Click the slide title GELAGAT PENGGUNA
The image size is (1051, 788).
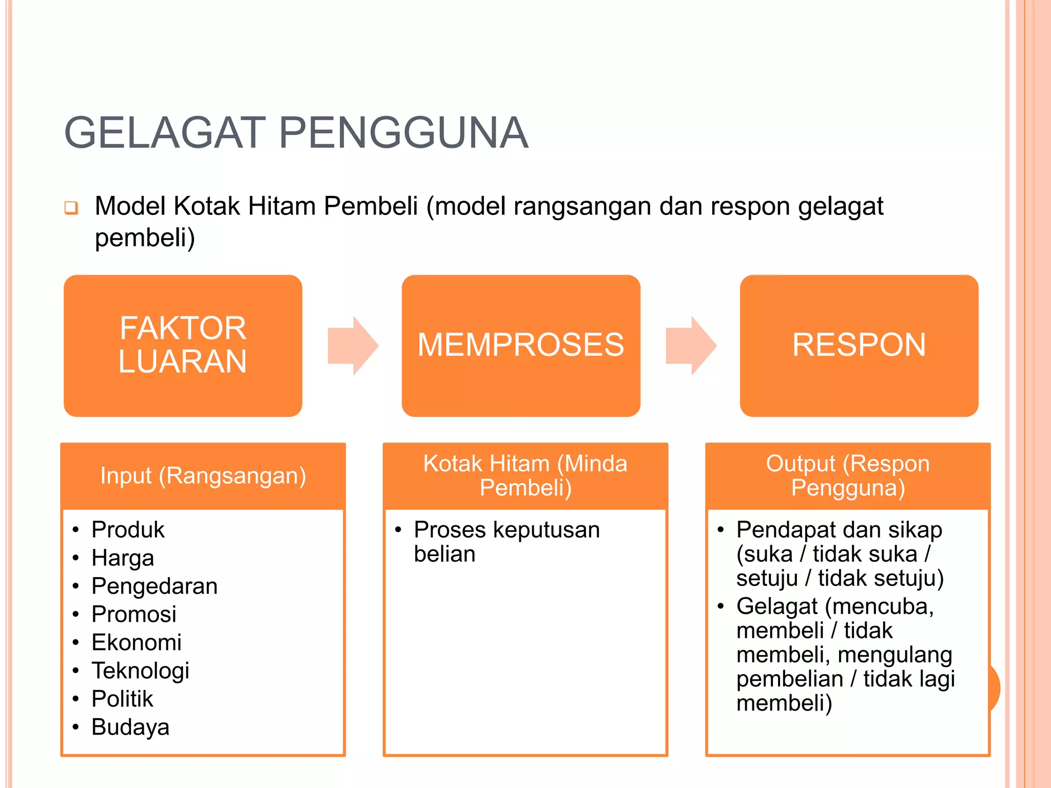click(296, 133)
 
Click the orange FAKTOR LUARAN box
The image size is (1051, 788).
click(183, 345)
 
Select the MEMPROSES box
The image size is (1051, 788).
click(520, 345)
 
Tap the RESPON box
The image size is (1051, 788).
click(859, 345)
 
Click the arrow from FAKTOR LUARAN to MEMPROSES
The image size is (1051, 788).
click(353, 346)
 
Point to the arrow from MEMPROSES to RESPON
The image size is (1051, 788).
click(691, 346)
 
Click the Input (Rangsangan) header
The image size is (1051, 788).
click(203, 476)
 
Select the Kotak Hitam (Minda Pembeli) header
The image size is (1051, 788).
click(525, 476)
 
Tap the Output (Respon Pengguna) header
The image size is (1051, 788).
click(847, 476)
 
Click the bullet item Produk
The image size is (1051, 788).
click(128, 529)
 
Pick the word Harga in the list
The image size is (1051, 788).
click(123, 558)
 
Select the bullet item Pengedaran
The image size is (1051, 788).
click(154, 586)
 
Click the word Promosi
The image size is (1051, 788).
click(134, 614)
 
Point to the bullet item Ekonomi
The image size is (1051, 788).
click(137, 642)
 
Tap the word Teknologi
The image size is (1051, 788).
click(141, 671)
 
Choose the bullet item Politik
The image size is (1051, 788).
click(122, 699)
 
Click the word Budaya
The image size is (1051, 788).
click(130, 727)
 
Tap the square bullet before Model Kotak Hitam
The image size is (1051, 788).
click(71, 208)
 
